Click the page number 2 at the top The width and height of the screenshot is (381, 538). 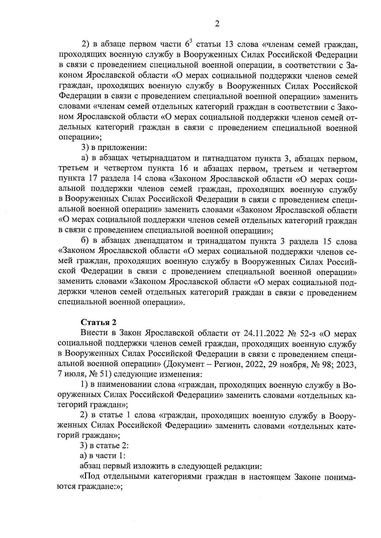(217, 24)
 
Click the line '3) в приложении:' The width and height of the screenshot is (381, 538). (114, 147)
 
